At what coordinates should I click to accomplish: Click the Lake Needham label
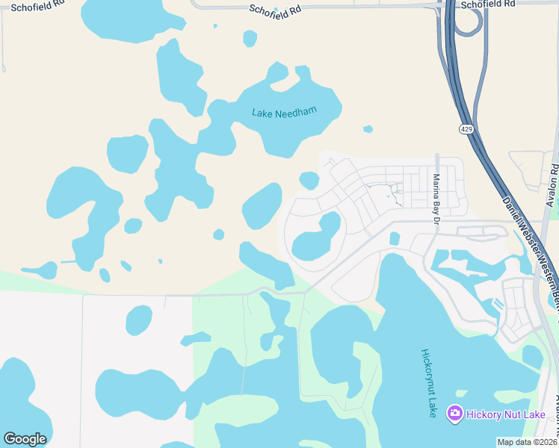pos(284,113)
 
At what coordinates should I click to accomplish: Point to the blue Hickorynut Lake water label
pos(428,382)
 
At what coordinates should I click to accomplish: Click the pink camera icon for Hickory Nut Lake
pos(454,413)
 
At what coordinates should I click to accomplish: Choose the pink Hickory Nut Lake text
pos(506,414)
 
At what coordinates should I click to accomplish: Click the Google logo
pos(25,439)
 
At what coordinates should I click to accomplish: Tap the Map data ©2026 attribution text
pos(527,442)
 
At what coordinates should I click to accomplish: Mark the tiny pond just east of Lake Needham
pos(368,129)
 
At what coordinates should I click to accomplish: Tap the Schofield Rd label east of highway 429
pos(488,4)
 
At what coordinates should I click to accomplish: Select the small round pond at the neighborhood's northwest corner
pos(309,180)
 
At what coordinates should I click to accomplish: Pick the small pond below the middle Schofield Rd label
pos(250,38)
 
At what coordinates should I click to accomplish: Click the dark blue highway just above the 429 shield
pos(458,97)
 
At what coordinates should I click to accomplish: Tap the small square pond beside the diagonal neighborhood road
pos(394,238)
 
